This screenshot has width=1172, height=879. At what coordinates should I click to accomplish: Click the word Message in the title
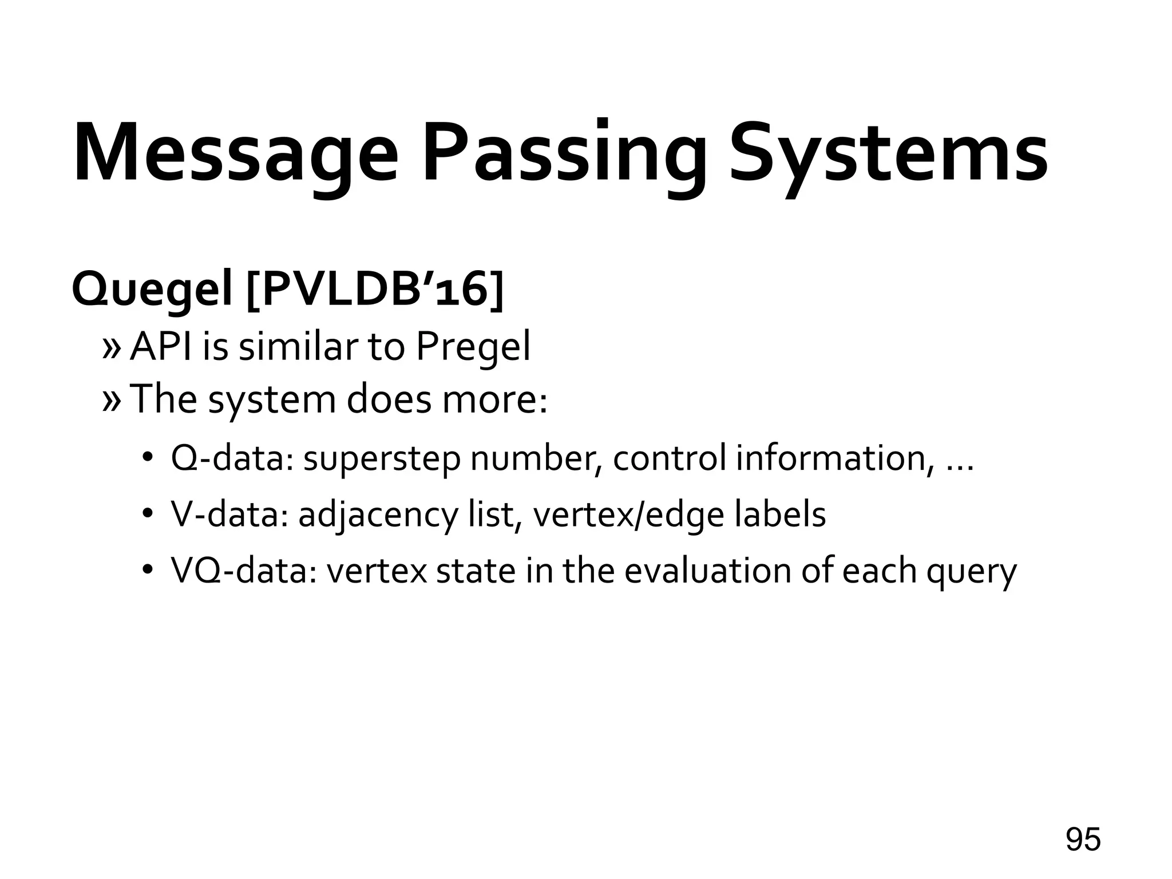(235, 153)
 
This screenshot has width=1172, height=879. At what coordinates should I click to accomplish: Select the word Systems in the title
(889, 153)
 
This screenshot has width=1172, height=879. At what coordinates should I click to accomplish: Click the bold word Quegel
(152, 291)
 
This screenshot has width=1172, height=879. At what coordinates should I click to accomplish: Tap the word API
(163, 346)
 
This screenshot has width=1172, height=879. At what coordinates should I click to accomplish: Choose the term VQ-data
(243, 571)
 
